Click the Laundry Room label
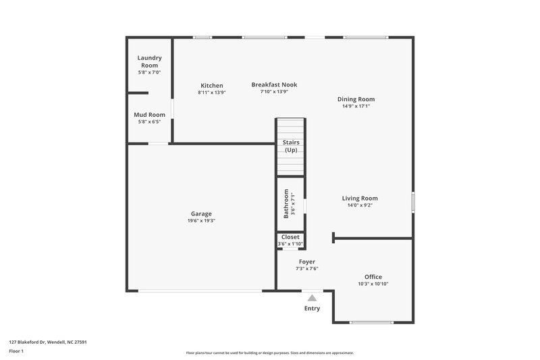(x=149, y=61)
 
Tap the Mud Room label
(x=149, y=115)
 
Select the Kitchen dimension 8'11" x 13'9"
(x=211, y=93)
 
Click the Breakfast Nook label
(x=274, y=84)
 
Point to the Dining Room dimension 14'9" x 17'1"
(x=356, y=106)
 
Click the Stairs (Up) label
(x=291, y=146)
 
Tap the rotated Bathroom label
(x=286, y=203)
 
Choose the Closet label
(x=290, y=237)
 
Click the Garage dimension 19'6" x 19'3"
(x=201, y=221)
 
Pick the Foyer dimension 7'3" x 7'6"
(x=306, y=269)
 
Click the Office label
(x=373, y=277)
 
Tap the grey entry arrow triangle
(x=312, y=297)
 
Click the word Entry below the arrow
(x=312, y=309)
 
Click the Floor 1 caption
(x=16, y=352)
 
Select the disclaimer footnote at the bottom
(x=269, y=353)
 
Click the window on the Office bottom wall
(x=372, y=322)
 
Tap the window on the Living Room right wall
(x=413, y=203)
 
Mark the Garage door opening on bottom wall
(x=201, y=291)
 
